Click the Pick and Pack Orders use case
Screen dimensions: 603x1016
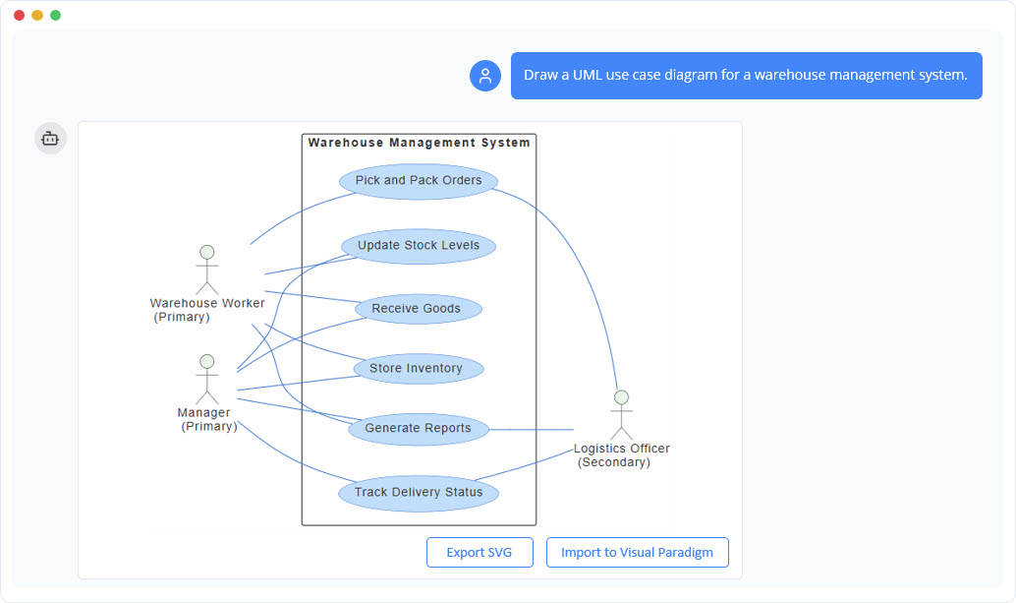click(x=419, y=181)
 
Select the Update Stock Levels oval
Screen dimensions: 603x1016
click(x=419, y=246)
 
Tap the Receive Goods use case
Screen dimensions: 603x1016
click(x=416, y=309)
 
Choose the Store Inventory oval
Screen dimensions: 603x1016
click(x=416, y=369)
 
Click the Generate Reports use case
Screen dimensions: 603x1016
click(x=418, y=429)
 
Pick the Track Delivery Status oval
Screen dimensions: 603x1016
click(x=419, y=493)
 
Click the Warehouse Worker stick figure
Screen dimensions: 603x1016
click(x=206, y=271)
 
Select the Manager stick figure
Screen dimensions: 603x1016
click(x=206, y=379)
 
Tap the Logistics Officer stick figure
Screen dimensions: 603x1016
click(x=620, y=415)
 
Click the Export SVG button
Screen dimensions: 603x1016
click(x=480, y=553)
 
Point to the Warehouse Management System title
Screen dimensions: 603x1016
click(x=419, y=143)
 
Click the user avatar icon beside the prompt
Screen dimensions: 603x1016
click(x=485, y=76)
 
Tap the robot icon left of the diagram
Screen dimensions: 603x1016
click(x=51, y=139)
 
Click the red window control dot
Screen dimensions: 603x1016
click(x=20, y=16)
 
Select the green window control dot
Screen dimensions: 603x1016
click(x=56, y=16)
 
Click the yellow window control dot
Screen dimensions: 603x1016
click(x=37, y=16)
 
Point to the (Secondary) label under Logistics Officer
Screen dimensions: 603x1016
click(x=614, y=462)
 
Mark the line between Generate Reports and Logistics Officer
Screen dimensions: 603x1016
click(x=531, y=430)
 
